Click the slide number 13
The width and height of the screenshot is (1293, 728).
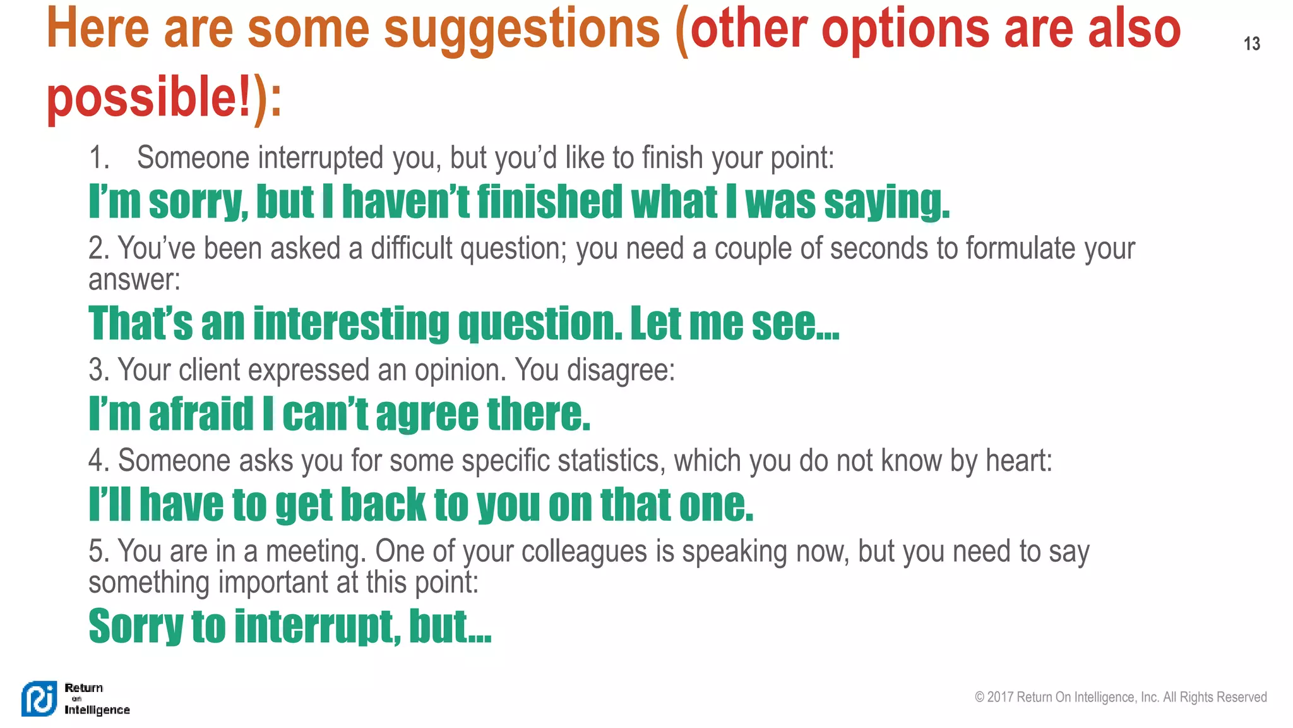(x=1251, y=44)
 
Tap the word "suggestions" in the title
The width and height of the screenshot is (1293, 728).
(x=521, y=29)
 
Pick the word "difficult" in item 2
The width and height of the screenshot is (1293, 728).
(x=411, y=248)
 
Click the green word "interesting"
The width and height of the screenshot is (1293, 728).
(x=351, y=324)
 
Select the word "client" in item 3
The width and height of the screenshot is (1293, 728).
(x=209, y=370)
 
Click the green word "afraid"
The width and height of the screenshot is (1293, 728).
(x=201, y=414)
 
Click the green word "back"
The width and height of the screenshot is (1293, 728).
(x=383, y=505)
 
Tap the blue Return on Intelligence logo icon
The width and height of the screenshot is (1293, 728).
(x=39, y=699)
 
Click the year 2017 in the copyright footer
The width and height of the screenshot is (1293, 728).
(x=1000, y=697)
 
